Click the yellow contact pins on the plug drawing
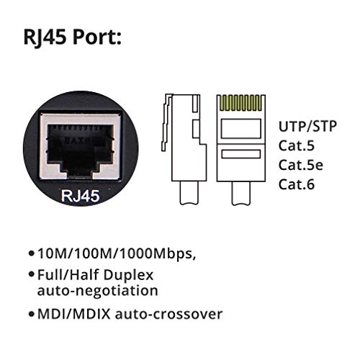coord(241,103)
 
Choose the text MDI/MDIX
coord(69,313)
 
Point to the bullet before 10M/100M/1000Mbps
coord(31,255)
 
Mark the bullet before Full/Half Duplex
coord(31,275)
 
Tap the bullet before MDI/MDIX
coord(31,314)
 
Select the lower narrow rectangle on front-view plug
coord(241,154)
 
